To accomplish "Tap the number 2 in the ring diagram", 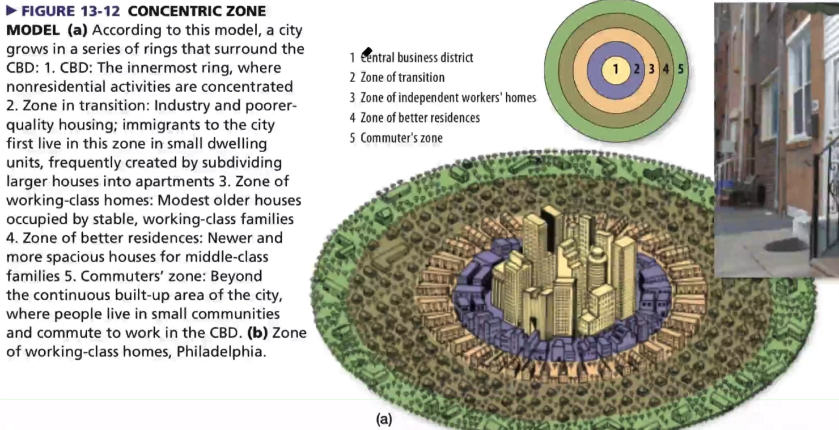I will tap(637, 69).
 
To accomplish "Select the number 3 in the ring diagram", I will tap(651, 69).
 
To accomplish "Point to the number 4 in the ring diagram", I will tap(666, 69).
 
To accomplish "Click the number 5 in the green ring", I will tap(680, 69).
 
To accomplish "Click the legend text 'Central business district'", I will tap(417, 57).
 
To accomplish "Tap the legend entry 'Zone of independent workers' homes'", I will tap(448, 97).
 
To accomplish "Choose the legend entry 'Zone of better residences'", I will tap(420, 117).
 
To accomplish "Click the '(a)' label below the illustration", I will tap(384, 419).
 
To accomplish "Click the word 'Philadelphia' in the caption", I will tap(221, 351).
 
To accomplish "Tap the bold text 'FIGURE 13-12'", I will tap(71, 11).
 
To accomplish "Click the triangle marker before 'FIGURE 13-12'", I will tap(12, 11).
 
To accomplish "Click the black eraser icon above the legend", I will tap(367, 52).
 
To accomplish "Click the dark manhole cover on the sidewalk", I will tap(786, 245).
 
